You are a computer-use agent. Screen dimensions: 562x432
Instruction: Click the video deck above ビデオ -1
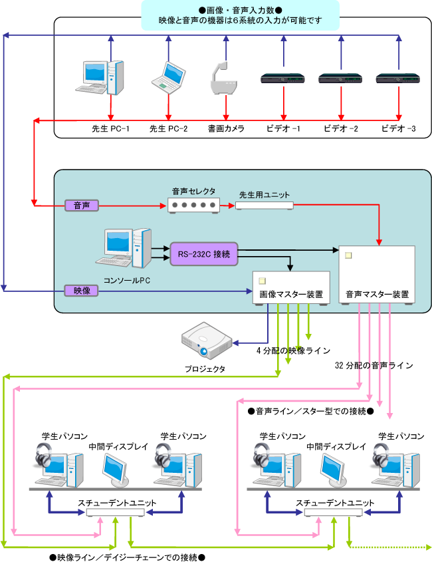(x=284, y=78)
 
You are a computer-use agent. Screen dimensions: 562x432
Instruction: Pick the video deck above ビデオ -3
(x=399, y=78)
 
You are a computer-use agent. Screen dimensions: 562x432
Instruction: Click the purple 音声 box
(x=82, y=206)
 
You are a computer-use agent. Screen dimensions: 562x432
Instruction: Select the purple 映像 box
(x=82, y=290)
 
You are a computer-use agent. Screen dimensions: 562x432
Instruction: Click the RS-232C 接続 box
(x=204, y=253)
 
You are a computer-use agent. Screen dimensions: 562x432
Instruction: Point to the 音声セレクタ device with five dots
(x=193, y=206)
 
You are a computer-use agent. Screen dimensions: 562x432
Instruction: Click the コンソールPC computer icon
(x=127, y=249)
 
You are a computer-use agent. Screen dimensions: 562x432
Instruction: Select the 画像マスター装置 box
(x=292, y=288)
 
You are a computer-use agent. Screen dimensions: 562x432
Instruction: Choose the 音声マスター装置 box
(x=377, y=275)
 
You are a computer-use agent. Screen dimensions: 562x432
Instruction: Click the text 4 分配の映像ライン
(x=293, y=351)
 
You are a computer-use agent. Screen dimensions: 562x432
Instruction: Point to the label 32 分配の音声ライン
(x=374, y=365)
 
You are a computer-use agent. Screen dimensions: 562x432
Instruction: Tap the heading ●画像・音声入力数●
(x=240, y=10)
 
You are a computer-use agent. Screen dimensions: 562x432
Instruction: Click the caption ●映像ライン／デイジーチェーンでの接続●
(x=127, y=555)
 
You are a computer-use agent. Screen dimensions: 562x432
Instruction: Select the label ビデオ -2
(x=341, y=128)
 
